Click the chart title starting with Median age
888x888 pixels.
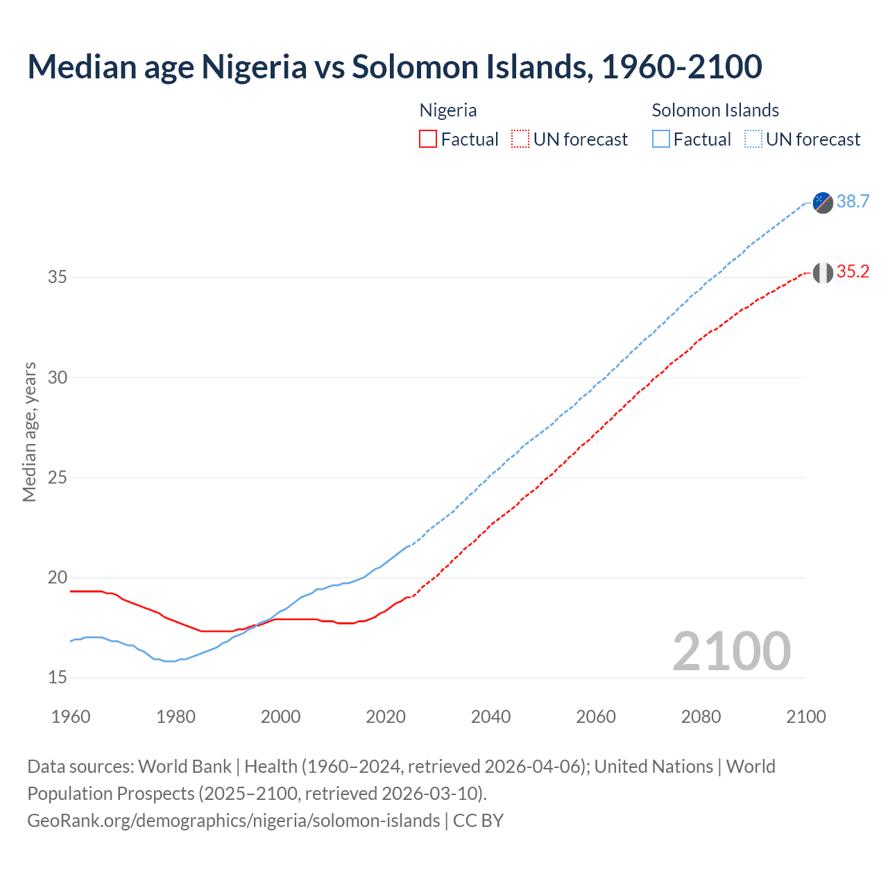394,67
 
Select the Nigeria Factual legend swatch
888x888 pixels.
428,139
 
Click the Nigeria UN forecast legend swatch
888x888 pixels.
520,139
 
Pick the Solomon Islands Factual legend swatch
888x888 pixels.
661,139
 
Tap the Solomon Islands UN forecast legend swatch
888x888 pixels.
753,139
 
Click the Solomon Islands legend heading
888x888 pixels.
715,110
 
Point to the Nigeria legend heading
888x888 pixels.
448,110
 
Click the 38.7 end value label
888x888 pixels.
853,201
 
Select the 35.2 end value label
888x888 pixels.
853,272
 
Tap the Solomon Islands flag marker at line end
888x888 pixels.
823,203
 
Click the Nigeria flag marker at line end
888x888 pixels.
823,273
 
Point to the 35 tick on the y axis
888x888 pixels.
58,277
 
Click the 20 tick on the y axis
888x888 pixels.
58,578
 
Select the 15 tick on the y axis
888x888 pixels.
58,678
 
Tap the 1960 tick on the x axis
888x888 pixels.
71,717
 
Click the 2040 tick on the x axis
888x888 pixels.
490,717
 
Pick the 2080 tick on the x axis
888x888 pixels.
701,717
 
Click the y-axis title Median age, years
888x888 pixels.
29,432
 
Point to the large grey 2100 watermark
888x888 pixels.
731,651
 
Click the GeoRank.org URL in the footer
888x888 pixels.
233,821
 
